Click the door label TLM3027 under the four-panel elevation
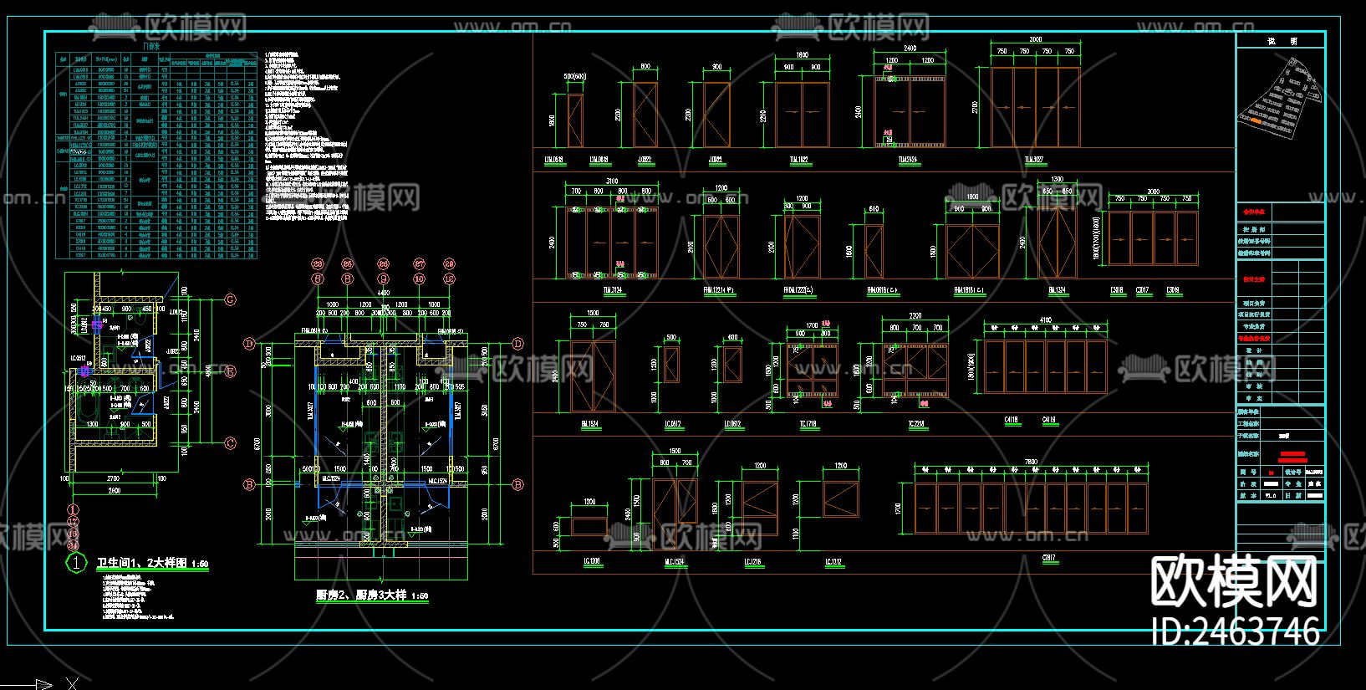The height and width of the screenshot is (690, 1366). coord(1035,159)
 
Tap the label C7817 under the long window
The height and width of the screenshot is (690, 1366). coord(1050,558)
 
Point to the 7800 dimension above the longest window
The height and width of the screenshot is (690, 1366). coord(1031,462)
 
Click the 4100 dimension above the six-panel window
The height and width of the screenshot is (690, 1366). coord(1046,320)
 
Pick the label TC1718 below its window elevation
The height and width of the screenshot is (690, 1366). coord(808,425)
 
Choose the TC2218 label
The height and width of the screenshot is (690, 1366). coord(916,425)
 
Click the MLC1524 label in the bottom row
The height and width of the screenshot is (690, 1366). coord(675,562)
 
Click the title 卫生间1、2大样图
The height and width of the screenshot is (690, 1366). coord(153,563)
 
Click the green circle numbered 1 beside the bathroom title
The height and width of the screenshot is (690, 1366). coord(76,563)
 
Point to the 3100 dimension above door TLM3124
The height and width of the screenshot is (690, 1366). coord(612,181)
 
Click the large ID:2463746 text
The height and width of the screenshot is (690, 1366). coord(1236,631)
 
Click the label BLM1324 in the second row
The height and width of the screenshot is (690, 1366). coord(1057,290)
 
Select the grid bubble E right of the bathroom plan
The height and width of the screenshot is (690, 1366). coord(230,371)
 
